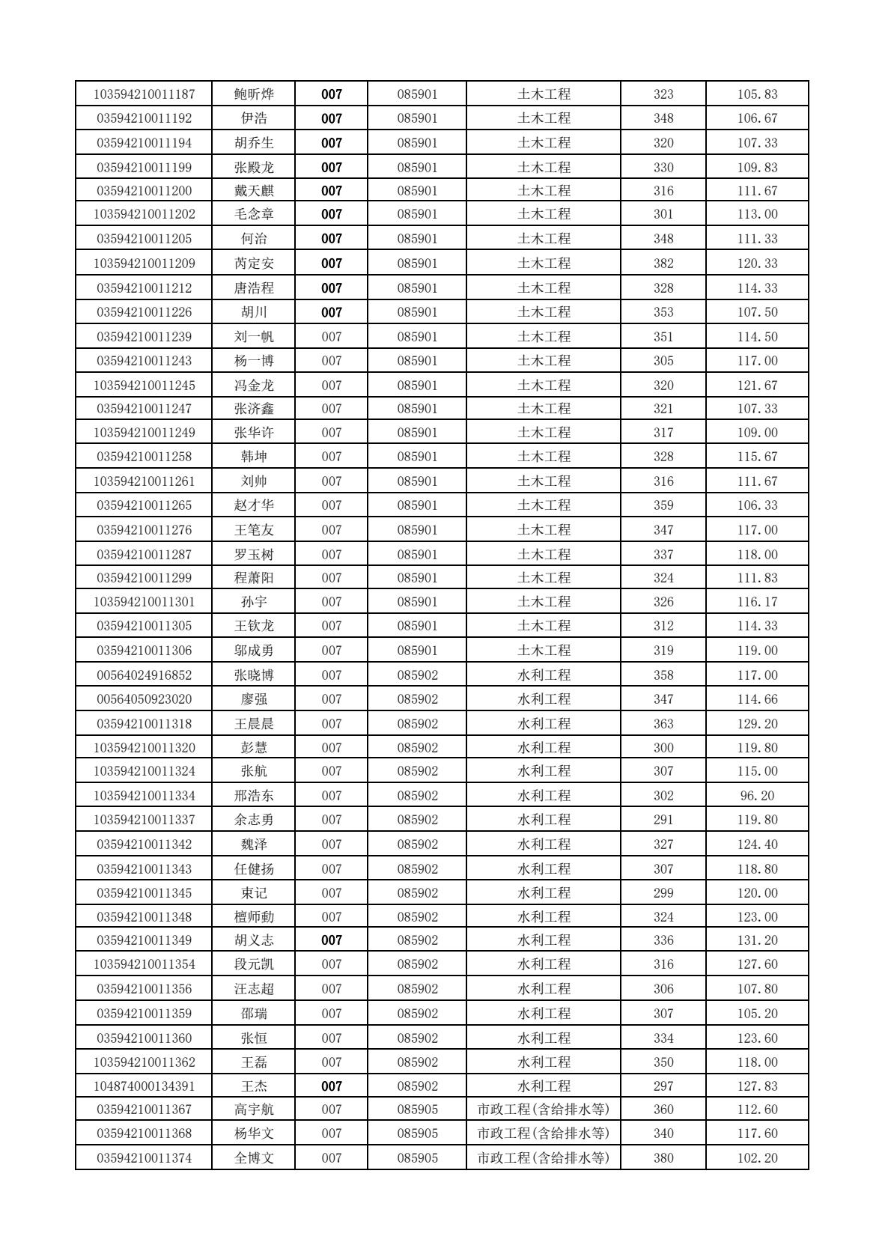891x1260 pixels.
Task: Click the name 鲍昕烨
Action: [254, 94]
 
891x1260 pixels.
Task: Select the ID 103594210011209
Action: [144, 264]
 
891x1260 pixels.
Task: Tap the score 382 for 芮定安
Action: [663, 264]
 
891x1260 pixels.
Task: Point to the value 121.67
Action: [757, 386]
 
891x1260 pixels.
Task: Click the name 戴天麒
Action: [254, 191]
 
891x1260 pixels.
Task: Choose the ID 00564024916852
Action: [144, 675]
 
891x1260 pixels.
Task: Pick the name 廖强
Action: [254, 699]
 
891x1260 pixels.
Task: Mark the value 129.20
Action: [757, 724]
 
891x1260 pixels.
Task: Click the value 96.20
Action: [757, 796]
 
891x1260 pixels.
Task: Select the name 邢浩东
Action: [254, 796]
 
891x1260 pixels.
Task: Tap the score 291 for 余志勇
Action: [663, 820]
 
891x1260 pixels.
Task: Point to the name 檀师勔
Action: [254, 917]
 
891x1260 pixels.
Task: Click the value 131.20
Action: [757, 940]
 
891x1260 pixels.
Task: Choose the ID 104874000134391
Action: [144, 1086]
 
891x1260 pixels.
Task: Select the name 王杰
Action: [254, 1086]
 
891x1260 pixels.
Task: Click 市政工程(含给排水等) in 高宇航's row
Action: [544, 1110]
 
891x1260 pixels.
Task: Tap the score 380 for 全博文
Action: [663, 1158]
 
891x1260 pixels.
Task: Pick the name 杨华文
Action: [254, 1133]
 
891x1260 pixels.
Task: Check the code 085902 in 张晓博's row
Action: [417, 675]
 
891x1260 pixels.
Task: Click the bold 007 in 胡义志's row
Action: [332, 940]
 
